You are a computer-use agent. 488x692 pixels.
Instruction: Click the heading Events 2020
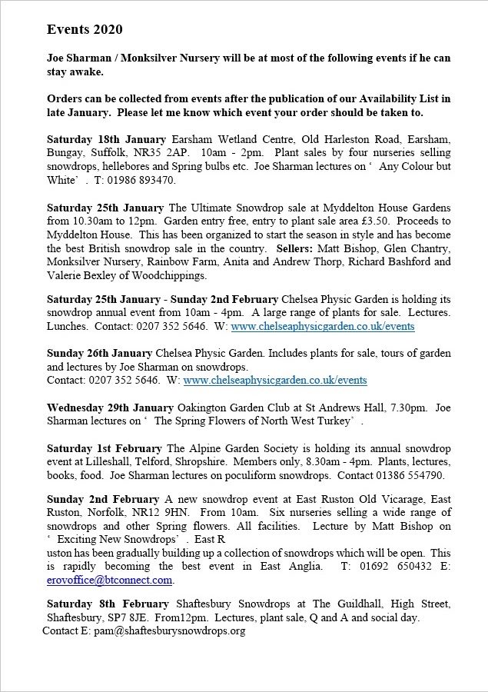click(x=85, y=29)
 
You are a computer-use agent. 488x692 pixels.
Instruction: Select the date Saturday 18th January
click(x=106, y=139)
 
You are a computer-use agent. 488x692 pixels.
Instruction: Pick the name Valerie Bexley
click(x=82, y=276)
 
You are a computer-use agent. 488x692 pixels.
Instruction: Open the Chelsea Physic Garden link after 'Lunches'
click(x=322, y=326)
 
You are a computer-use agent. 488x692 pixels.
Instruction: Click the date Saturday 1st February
click(x=104, y=448)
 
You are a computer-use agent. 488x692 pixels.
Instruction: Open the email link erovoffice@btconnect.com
click(x=109, y=580)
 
